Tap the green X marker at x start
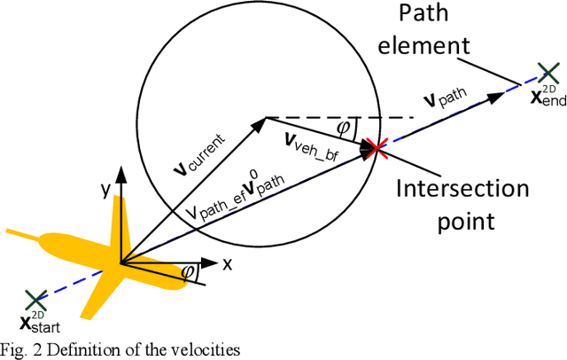coord(35,300)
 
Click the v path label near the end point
coord(457,98)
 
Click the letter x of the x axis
coord(227,263)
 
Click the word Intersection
coord(462,189)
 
